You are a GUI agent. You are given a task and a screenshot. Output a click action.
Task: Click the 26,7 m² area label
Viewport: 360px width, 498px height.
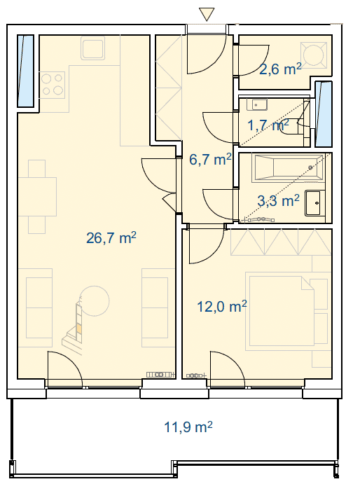coord(111,237)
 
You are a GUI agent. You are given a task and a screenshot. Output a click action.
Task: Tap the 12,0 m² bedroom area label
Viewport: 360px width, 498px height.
coord(222,307)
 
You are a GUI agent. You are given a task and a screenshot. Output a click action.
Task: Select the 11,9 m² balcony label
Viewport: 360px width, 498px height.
coord(188,427)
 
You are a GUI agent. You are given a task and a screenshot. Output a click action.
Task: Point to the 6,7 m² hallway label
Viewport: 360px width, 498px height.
coord(210,159)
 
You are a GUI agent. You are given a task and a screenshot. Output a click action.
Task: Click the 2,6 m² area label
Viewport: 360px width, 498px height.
coord(280,69)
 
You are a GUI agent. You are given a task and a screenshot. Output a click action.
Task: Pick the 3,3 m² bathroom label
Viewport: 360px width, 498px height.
coord(278,201)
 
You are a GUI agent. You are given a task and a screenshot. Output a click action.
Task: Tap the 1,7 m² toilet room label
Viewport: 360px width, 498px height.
coord(268,125)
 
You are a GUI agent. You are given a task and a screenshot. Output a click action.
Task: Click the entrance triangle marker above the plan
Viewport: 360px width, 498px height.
coord(207,14)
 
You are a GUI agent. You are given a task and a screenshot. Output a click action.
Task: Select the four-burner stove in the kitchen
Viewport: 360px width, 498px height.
coord(53,84)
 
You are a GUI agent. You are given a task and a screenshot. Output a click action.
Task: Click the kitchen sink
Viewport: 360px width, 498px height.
coord(92,48)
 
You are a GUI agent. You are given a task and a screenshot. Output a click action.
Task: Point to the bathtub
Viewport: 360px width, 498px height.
coord(289,167)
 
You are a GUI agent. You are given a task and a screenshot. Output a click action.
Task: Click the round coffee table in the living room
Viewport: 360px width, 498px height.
coord(95,300)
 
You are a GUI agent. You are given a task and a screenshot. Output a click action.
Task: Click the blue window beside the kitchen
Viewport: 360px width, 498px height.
coord(25,71)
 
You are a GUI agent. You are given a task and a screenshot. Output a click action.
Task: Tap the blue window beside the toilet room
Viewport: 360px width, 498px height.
coord(324,114)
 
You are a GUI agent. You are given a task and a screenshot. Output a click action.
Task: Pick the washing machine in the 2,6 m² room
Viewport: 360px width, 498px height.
coord(314,55)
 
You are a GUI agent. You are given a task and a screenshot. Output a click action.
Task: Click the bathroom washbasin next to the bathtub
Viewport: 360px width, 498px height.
coord(315,203)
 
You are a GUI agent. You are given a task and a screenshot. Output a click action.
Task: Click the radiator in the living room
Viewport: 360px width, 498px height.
coord(161,375)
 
